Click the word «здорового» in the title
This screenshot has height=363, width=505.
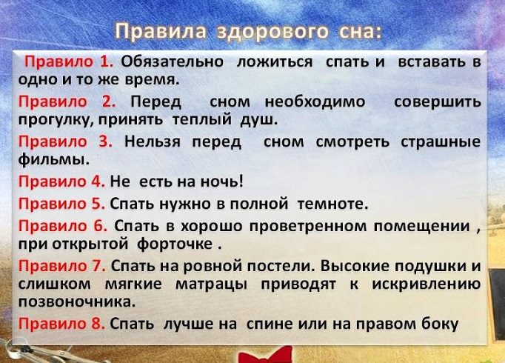tap(272, 32)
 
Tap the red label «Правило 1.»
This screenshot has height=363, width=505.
tap(69, 61)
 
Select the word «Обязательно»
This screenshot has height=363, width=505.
tap(172, 61)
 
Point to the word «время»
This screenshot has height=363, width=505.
tap(152, 79)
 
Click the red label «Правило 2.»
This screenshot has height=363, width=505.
tap(67, 101)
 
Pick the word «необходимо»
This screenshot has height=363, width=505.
tap(315, 101)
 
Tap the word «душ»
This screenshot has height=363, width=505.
tap(258, 120)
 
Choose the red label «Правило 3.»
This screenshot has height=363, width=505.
tap(65, 141)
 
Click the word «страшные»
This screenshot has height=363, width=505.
tap(441, 142)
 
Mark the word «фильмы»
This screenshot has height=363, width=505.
tap(53, 159)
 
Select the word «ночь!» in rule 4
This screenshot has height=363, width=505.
tap(221, 181)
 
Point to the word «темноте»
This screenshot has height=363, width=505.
tap(332, 204)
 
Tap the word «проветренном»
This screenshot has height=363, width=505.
tap(308, 226)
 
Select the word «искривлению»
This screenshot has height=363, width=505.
tap(427, 284)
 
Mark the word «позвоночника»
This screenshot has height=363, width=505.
tap(77, 302)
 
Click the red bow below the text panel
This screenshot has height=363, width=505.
tap(265, 355)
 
